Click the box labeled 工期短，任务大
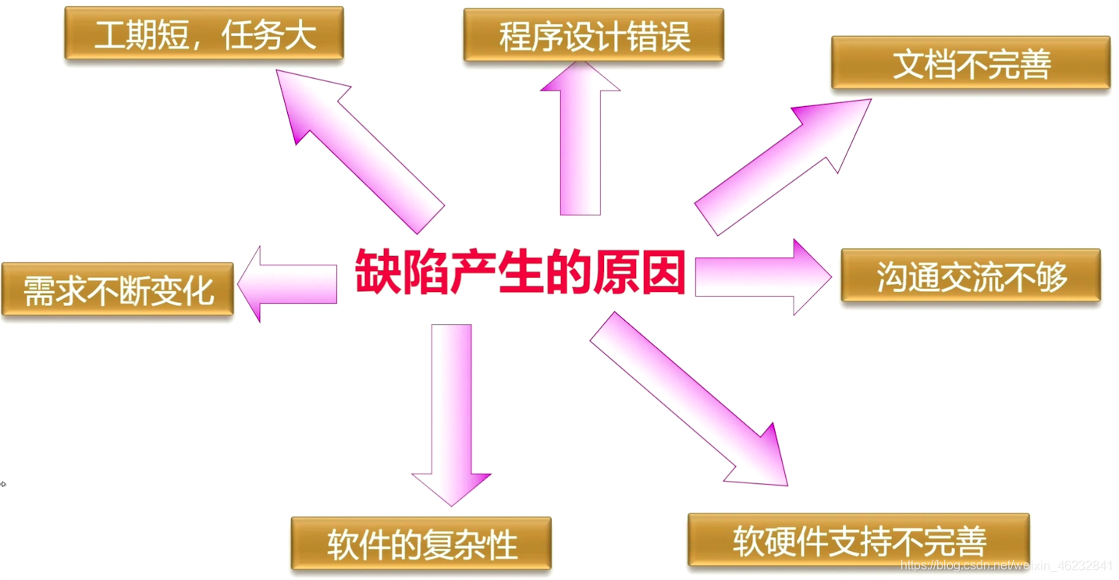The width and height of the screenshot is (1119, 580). (204, 34)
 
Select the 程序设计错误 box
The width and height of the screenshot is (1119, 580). (593, 35)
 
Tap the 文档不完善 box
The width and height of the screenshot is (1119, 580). (970, 63)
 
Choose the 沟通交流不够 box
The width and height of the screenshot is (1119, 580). (970, 276)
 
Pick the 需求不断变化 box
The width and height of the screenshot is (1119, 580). (118, 290)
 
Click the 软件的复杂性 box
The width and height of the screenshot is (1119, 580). (421, 543)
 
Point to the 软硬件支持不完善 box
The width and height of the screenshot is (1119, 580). (858, 539)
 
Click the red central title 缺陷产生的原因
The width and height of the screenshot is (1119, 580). (520, 272)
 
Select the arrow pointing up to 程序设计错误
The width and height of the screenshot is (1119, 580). (580, 141)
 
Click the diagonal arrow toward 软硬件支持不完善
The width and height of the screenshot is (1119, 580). (687, 398)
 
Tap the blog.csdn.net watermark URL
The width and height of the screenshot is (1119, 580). (1006, 566)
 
